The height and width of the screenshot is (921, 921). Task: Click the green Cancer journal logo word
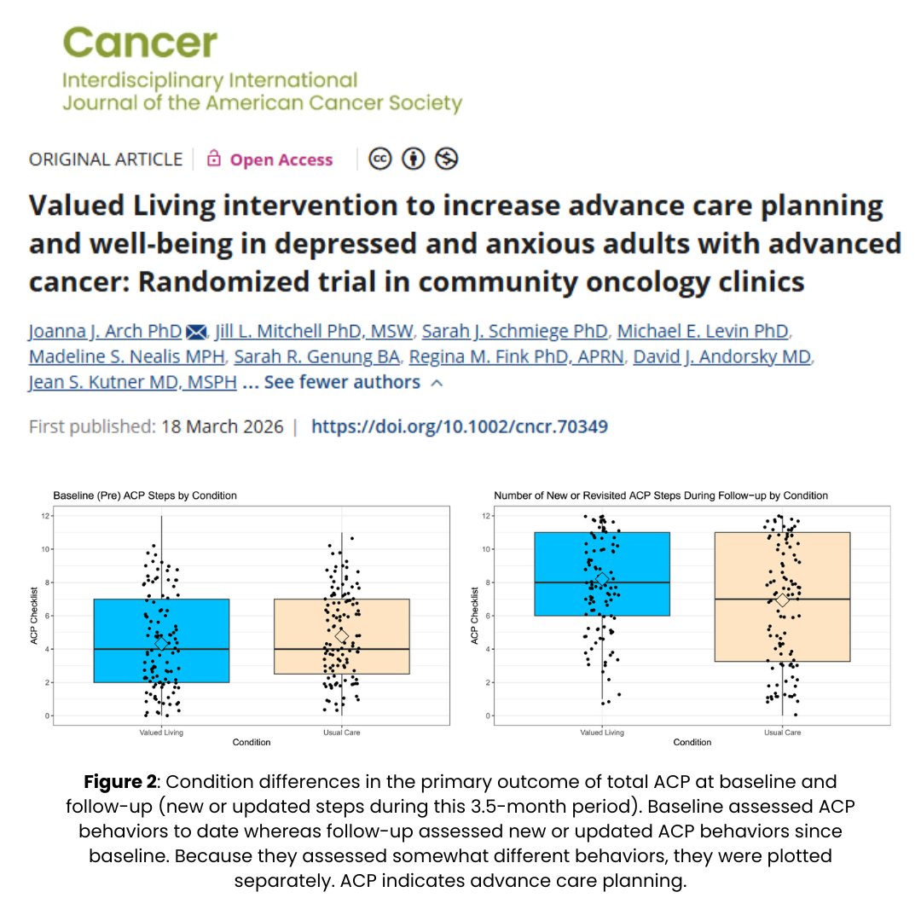(x=140, y=42)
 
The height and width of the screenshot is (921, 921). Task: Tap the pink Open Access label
(x=281, y=159)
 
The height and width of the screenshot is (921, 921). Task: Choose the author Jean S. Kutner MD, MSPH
(x=132, y=382)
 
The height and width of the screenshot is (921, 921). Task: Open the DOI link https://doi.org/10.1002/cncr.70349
(x=459, y=426)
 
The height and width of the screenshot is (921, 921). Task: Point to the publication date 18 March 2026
(x=222, y=426)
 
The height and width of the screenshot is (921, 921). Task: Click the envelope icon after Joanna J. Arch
(x=197, y=331)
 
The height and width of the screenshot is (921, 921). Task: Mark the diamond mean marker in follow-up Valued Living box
(x=602, y=579)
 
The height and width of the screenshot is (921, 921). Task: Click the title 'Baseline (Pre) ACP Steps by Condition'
(x=145, y=495)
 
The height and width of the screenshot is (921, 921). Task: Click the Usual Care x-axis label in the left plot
(x=342, y=732)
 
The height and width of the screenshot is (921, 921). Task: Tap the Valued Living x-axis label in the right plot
(x=602, y=732)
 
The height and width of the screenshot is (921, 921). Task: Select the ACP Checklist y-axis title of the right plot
(x=475, y=616)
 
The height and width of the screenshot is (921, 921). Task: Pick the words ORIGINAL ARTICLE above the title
(x=106, y=159)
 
